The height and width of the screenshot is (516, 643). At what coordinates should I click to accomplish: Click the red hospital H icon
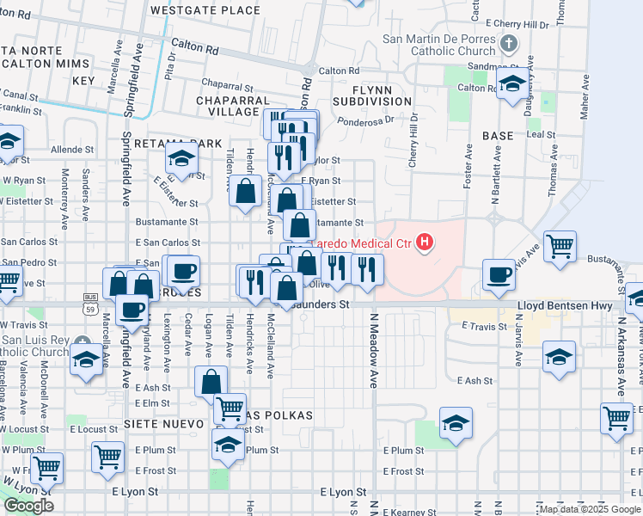[424, 243]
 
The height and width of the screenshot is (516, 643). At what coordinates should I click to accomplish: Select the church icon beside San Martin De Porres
[509, 44]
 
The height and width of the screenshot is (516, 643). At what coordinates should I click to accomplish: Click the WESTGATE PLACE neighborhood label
[205, 10]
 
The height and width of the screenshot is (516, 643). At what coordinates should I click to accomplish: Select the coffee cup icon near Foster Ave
[499, 274]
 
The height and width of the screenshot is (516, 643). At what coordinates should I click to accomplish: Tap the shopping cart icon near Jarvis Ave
[560, 246]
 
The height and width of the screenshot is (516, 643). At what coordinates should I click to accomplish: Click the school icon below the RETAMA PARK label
[182, 159]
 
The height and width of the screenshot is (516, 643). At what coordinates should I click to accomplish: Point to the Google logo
[28, 506]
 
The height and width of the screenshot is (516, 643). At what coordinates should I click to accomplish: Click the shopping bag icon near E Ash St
[211, 381]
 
